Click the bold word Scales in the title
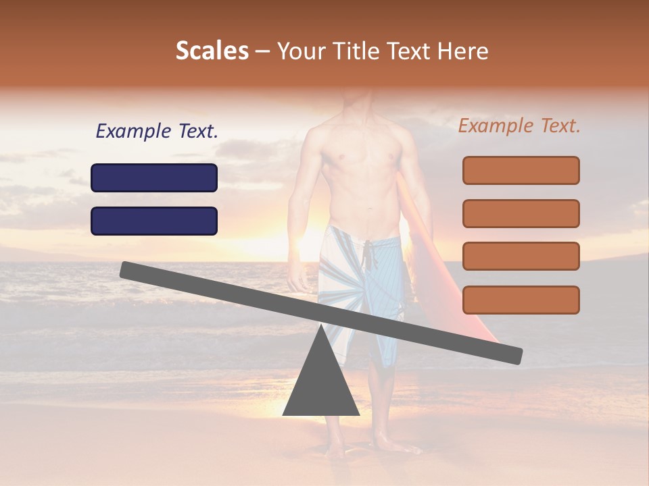click(212, 51)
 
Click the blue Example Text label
click(157, 132)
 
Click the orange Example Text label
click(519, 126)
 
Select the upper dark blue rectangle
click(154, 178)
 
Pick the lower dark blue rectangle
click(154, 221)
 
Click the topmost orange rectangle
click(521, 170)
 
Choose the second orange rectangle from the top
click(521, 213)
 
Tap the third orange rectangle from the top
click(521, 256)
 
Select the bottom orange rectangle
click(521, 300)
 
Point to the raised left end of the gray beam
click(128, 270)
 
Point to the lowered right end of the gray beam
click(514, 355)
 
